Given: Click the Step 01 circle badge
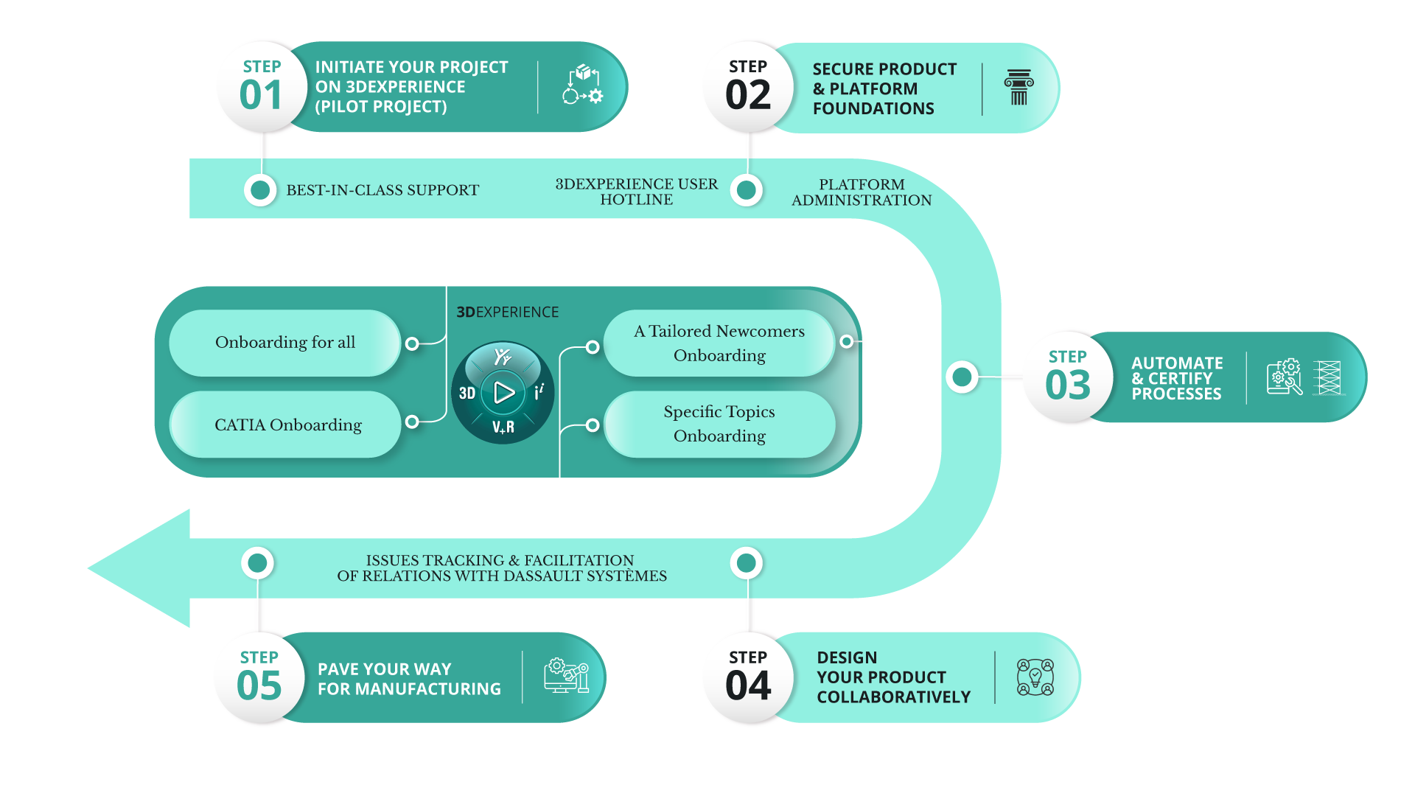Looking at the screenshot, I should [261, 86].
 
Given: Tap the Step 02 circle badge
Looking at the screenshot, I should [747, 86].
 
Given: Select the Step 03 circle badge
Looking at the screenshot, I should [1067, 377].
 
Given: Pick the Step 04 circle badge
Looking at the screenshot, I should [747, 677].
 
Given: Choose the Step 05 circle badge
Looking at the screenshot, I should [259, 677].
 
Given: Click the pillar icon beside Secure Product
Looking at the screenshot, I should [1019, 88].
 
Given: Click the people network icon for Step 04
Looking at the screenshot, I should [1035, 677].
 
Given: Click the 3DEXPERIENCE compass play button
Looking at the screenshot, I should [504, 392].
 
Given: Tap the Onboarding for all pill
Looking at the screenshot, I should [284, 343].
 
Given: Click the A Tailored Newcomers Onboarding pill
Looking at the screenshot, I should [719, 343].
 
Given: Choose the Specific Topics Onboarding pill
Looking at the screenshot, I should [719, 424].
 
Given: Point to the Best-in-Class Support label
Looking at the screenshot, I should [382, 190].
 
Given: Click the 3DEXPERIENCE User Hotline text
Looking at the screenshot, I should [636, 192].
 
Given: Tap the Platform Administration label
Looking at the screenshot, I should [861, 192].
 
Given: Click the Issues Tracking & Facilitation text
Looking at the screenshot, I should [501, 568].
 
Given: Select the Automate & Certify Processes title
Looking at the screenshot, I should [1176, 378].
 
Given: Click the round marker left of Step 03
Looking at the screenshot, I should [962, 377].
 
